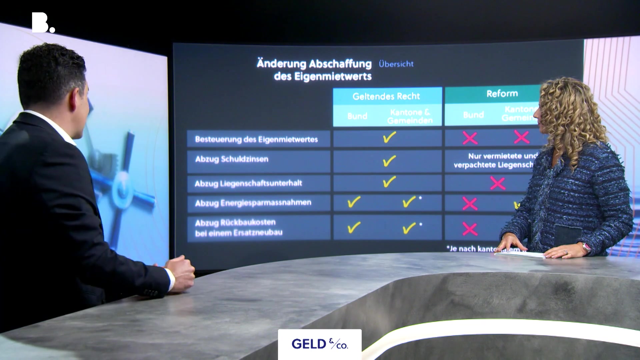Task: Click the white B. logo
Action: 43,23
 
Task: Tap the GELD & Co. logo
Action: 319,344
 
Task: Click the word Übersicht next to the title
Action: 396,64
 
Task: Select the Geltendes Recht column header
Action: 386,96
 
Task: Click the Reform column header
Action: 502,94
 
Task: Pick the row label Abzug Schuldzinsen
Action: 232,159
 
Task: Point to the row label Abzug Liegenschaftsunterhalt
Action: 248,183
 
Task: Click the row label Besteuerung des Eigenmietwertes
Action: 256,139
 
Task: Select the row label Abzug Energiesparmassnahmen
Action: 253,203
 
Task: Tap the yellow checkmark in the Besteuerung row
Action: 389,137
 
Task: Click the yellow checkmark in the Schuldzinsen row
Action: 389,161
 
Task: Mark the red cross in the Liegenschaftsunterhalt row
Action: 498,183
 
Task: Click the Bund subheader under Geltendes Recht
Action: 357,116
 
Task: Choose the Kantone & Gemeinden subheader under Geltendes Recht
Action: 410,116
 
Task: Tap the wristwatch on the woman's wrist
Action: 586,247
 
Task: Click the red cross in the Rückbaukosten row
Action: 470,229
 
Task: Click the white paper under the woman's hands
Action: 520,254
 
